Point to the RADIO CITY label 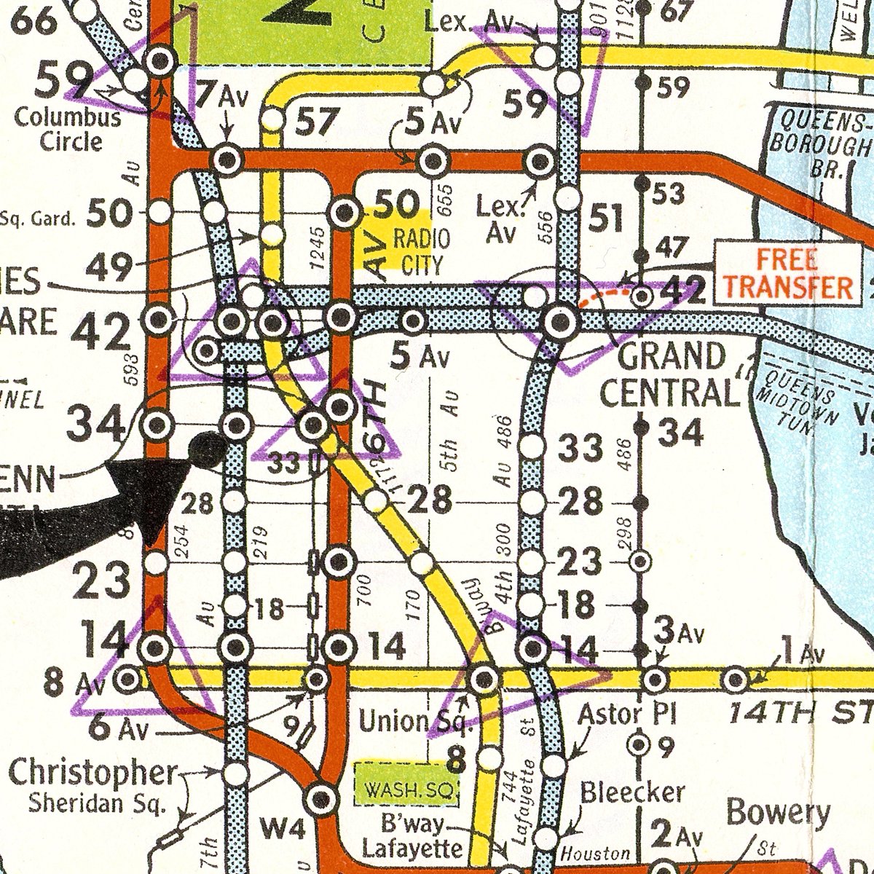coord(421,251)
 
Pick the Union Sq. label coord(415,721)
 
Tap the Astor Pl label coord(627,714)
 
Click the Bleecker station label coord(632,792)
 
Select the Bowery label coord(778,812)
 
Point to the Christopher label coord(92,773)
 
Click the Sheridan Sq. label coord(97,803)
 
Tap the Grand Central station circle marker coord(560,322)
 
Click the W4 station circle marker coord(320,799)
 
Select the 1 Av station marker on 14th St coord(736,680)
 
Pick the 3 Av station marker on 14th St coord(654,680)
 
